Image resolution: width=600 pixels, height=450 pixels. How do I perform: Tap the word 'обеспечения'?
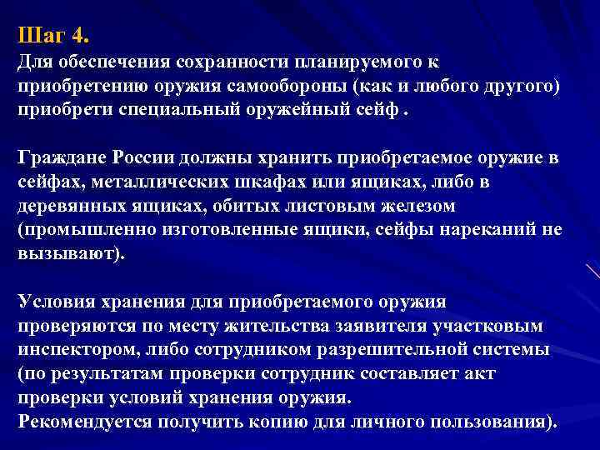coord(105,63)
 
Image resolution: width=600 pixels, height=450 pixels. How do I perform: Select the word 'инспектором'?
coord(79,350)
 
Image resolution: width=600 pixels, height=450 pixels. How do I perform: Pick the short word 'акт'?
coord(510,373)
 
